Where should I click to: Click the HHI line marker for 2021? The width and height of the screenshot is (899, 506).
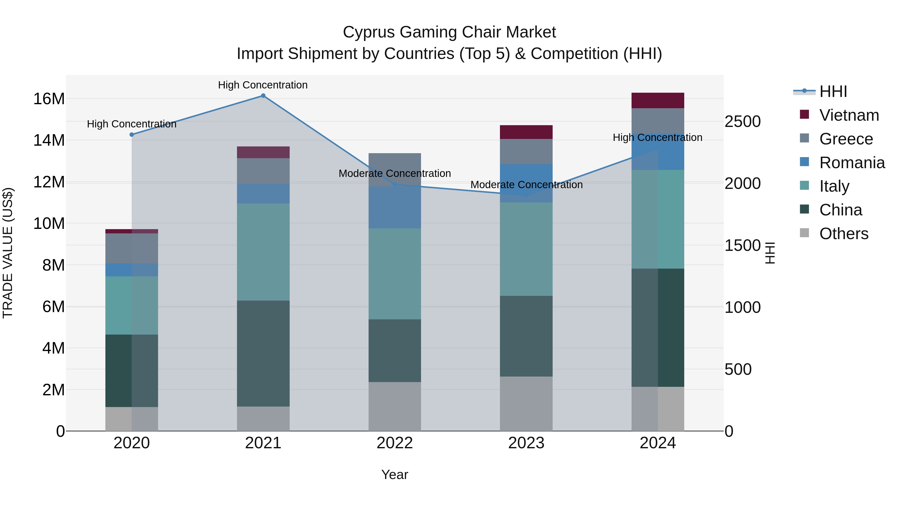point(263,96)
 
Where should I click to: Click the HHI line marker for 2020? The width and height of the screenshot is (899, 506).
point(132,134)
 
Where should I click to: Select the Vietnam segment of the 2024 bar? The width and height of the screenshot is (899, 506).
point(658,100)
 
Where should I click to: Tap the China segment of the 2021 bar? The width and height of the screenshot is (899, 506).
point(263,353)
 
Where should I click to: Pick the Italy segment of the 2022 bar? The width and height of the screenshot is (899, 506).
point(395,274)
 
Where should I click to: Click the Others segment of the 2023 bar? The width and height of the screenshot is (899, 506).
point(526,404)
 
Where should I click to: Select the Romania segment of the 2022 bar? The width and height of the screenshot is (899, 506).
point(395,207)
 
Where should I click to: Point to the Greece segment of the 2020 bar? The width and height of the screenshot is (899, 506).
point(132,248)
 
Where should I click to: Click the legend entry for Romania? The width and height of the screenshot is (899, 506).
point(852,163)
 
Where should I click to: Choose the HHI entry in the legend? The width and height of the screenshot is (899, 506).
point(833,91)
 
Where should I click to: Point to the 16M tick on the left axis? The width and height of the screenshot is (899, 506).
point(49,99)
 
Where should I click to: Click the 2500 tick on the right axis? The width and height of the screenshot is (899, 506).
point(742,122)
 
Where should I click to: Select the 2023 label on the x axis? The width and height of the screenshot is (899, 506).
point(526,443)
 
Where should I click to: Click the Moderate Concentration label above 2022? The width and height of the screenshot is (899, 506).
point(395,174)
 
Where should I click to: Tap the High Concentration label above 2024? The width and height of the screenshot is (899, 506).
point(658,138)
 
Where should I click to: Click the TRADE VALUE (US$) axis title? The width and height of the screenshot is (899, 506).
point(8,253)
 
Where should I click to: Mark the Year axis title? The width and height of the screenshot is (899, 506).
point(395,475)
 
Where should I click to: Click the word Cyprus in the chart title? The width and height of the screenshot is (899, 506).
point(369,32)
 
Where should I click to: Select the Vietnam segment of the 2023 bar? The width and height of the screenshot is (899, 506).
point(526,132)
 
